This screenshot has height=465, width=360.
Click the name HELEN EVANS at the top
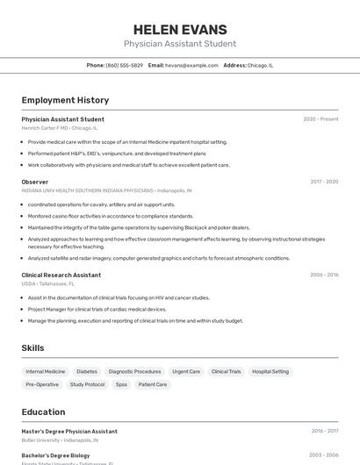click(x=180, y=30)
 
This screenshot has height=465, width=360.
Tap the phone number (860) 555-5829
click(x=124, y=65)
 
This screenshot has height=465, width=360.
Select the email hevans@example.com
click(x=191, y=65)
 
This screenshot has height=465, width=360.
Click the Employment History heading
click(x=65, y=100)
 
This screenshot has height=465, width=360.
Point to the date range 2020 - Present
click(x=320, y=119)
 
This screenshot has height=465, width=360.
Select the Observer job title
click(x=35, y=182)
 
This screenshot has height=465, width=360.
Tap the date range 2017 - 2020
click(x=324, y=182)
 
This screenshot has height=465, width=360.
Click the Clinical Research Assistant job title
click(x=61, y=275)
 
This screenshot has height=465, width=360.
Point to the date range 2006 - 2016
click(x=324, y=275)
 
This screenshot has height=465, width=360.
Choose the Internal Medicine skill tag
click(x=46, y=371)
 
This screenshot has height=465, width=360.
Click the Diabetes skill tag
click(x=87, y=371)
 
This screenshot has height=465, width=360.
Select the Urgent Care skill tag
click(x=186, y=371)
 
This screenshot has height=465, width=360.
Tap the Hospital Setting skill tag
click(x=270, y=371)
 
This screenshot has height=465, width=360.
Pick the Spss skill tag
click(x=121, y=384)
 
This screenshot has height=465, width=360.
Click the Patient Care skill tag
click(x=153, y=384)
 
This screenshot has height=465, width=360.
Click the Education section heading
click(x=43, y=411)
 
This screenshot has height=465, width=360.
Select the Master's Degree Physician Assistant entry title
click(x=69, y=432)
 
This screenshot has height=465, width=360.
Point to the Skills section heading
click(x=32, y=348)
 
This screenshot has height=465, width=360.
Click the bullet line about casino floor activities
click(x=111, y=216)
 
